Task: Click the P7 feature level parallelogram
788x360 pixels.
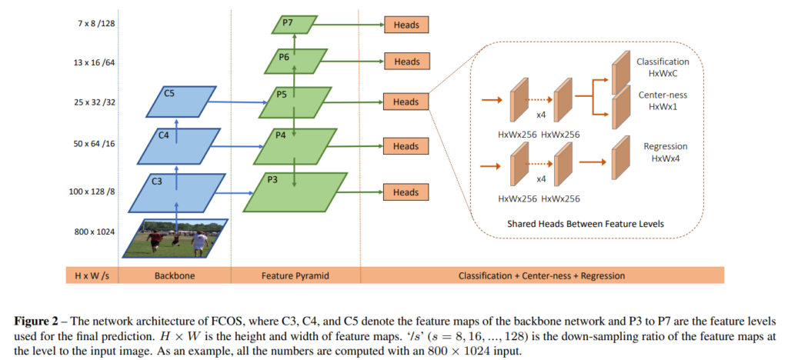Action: coord(293,25)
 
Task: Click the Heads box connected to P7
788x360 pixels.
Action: coord(406,25)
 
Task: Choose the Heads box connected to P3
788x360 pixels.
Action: coord(406,192)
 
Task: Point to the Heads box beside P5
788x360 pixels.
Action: coord(406,102)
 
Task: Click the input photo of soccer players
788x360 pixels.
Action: coord(175,238)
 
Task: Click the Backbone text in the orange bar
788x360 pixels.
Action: coord(173,275)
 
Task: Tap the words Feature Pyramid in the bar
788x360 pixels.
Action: coord(295,275)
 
